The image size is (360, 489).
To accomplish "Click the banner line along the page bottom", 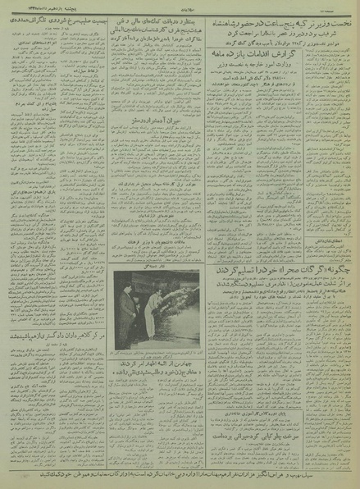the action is (x=180, y=474).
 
